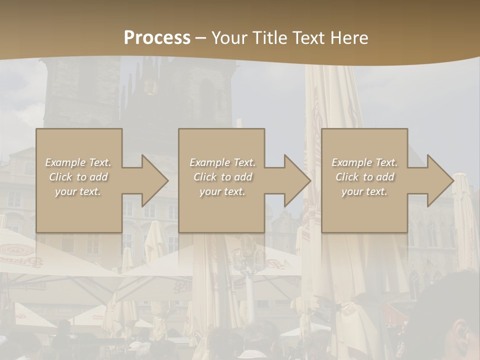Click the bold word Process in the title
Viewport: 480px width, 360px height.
pyautogui.click(x=157, y=38)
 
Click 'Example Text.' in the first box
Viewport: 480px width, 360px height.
pyautogui.click(x=78, y=162)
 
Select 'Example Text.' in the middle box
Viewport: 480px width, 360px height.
pyautogui.click(x=222, y=162)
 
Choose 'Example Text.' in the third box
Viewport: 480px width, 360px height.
pyautogui.click(x=364, y=162)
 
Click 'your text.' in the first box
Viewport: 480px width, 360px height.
pyautogui.click(x=78, y=191)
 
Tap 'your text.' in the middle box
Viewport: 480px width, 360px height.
pyautogui.click(x=222, y=191)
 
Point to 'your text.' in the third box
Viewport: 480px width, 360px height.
pyautogui.click(x=364, y=191)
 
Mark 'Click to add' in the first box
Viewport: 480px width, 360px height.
pyautogui.click(x=78, y=177)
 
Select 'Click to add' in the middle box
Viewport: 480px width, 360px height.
pyautogui.click(x=222, y=177)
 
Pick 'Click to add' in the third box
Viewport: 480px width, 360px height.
pyautogui.click(x=364, y=177)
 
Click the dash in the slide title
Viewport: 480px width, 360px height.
pyautogui.click(x=201, y=38)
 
